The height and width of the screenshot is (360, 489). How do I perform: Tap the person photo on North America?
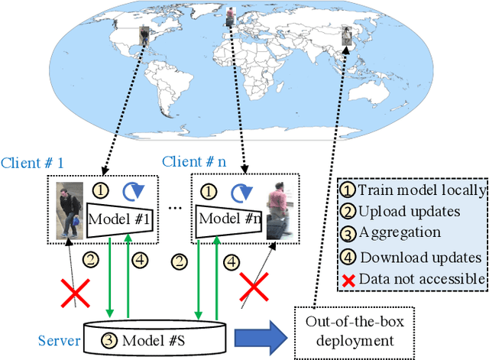[x=145, y=37]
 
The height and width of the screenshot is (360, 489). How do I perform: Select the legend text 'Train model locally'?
[x=422, y=190]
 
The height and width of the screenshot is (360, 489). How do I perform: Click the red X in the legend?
[x=348, y=279]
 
